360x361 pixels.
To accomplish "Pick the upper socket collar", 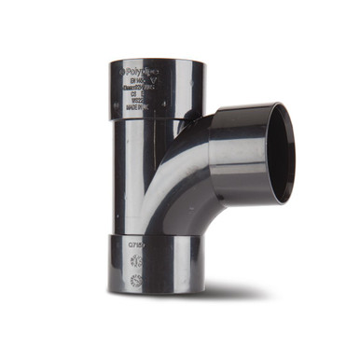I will (154, 89).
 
